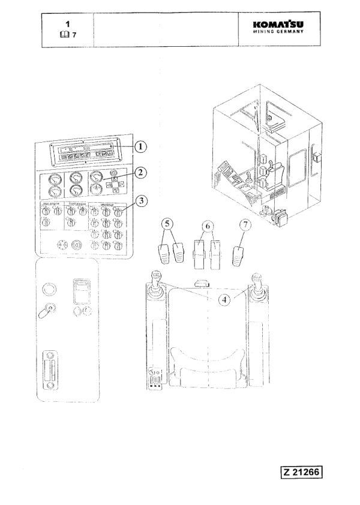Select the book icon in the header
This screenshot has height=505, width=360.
click(x=64, y=35)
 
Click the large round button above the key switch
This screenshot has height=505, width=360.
click(x=50, y=289)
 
